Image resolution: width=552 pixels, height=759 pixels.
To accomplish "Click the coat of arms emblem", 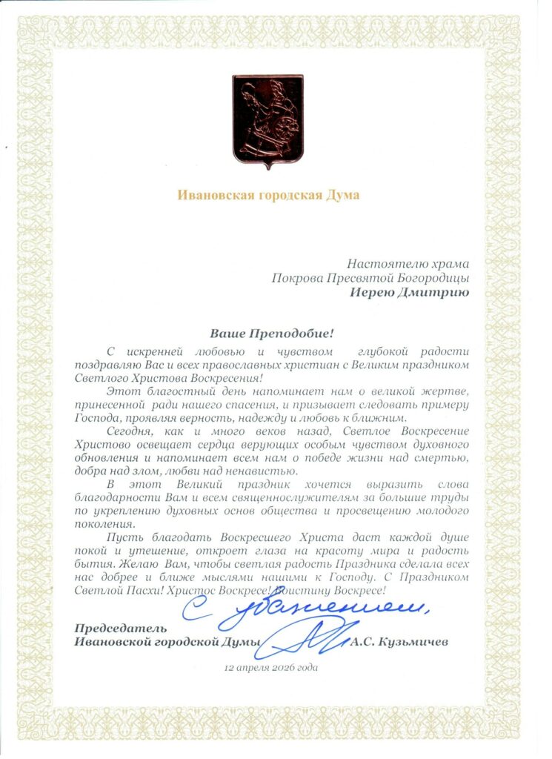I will pos(267,121).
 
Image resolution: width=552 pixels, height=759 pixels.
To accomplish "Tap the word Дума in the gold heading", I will pos(345,196).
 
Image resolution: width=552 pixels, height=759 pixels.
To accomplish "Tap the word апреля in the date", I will pos(250,667).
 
